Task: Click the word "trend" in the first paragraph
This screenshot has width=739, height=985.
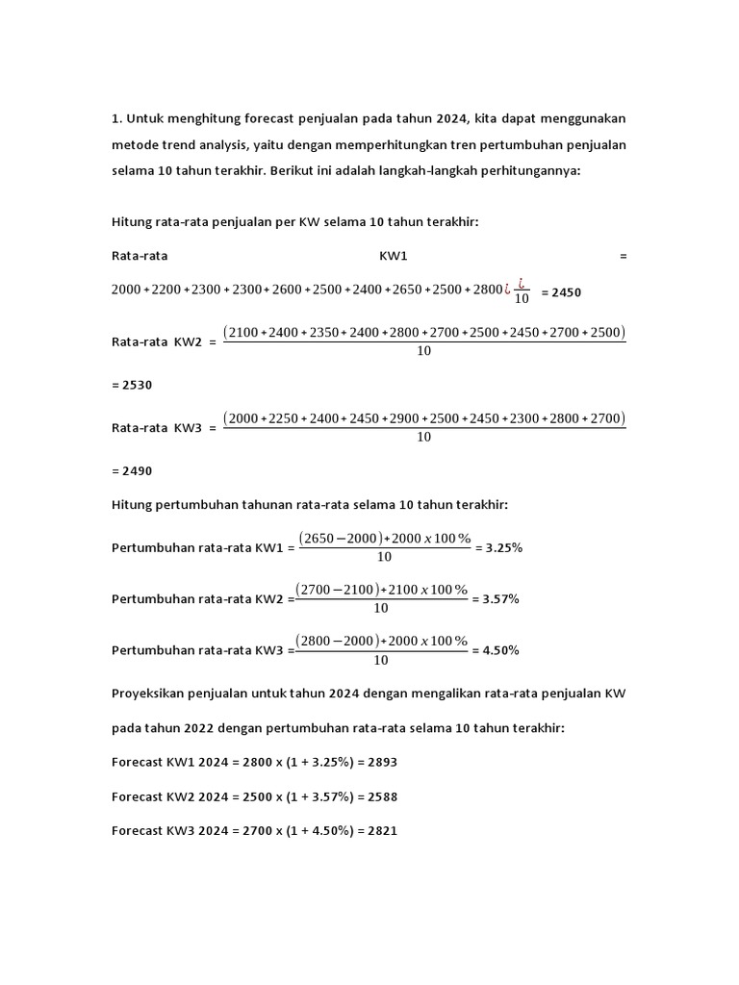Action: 173,144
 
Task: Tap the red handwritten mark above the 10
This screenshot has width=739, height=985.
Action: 522,283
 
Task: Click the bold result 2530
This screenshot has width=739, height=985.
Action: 132,384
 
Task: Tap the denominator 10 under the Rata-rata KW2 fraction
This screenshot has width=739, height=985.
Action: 423,351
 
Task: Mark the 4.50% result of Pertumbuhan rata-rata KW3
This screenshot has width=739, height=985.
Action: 498,650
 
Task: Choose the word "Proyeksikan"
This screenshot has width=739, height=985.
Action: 151,693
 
